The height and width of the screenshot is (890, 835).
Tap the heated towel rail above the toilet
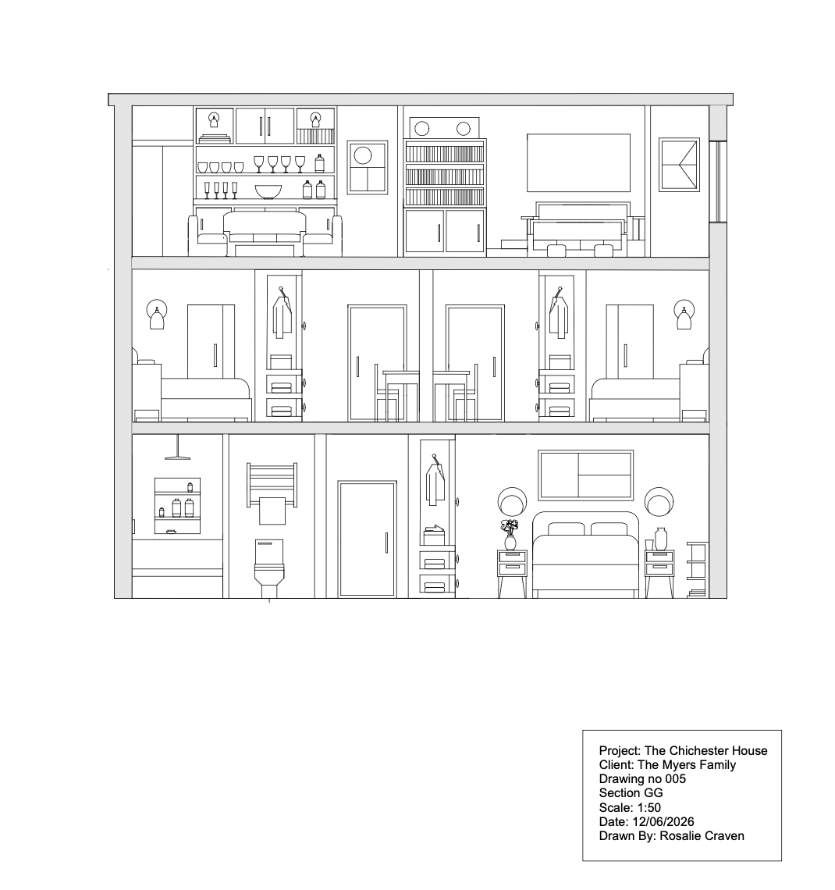pos(272,485)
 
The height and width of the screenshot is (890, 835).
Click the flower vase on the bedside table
pos(510,535)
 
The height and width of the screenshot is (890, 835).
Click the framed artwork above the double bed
pos(585,475)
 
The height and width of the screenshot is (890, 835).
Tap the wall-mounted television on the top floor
pos(578,162)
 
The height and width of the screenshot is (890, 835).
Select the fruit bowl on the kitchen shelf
pos(268,192)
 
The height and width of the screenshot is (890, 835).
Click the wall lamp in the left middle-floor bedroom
pos(157,315)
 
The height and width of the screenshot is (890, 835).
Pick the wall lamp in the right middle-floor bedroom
pos(684,315)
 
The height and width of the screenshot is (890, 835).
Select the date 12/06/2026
pos(663,821)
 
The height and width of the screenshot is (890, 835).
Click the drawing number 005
pos(675,779)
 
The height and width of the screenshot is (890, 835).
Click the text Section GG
pos(631,793)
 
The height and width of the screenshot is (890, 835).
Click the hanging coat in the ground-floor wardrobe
pos(435,479)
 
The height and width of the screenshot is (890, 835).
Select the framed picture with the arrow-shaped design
pos(679,165)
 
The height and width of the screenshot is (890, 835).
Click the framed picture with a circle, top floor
pos(367,167)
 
